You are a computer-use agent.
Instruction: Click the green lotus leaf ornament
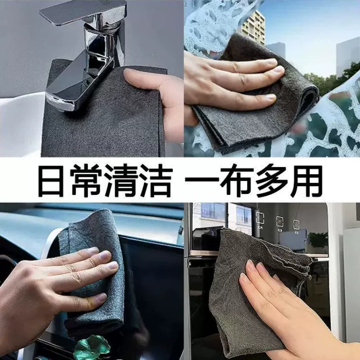point(92,347)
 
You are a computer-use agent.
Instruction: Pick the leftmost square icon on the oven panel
point(260,218)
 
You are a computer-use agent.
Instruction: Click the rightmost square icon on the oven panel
point(296,224)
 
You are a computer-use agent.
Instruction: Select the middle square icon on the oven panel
point(279,221)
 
